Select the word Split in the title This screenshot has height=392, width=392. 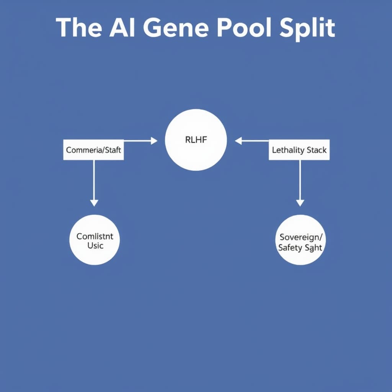coord(307,28)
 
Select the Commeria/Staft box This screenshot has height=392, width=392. coord(93,150)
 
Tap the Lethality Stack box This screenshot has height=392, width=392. coord(299,150)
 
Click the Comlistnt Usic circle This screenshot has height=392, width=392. coord(95,240)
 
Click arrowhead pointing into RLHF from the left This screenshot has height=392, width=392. coord(154,141)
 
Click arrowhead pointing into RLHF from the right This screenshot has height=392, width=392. coord(238,141)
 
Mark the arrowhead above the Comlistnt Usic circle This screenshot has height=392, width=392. coord(94,203)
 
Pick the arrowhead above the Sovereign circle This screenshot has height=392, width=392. coord(300,203)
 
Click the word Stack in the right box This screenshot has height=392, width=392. coord(316,150)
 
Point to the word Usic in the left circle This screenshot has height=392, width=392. coord(95,245)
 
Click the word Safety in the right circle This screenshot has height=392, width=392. coord(290,247)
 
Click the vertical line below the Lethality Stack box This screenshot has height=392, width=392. coord(300,178)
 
